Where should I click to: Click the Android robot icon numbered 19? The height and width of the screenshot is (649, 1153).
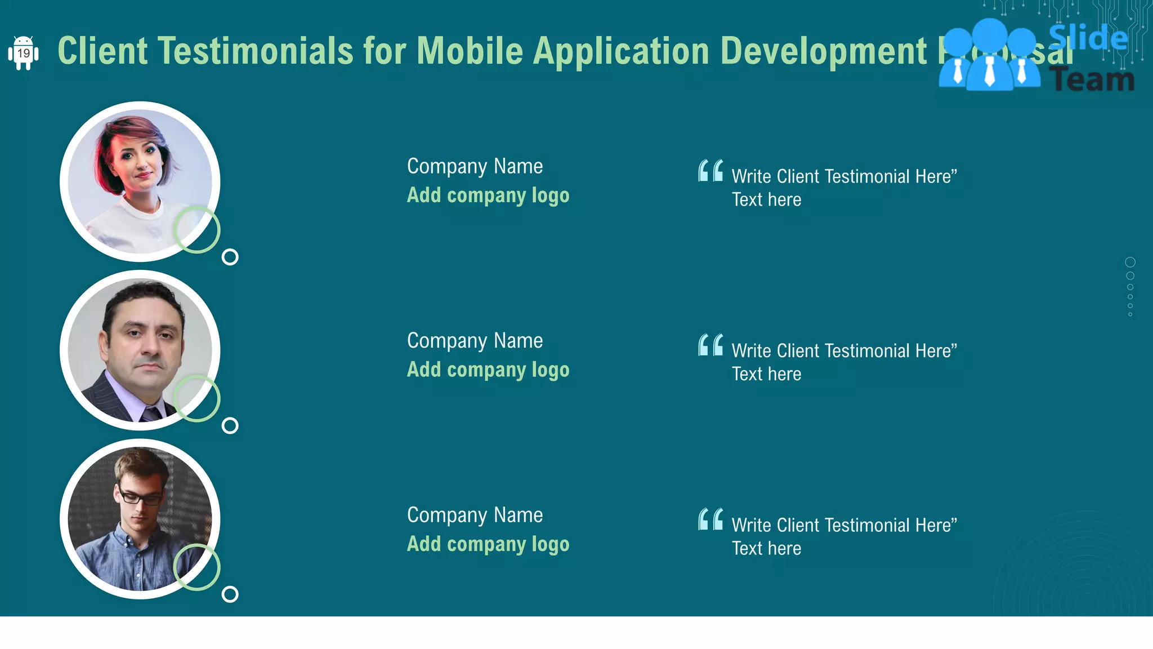tap(23, 53)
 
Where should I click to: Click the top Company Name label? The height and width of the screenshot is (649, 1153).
tap(475, 166)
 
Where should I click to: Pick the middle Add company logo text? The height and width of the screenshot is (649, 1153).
tap(488, 370)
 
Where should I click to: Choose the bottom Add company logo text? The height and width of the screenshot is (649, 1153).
tap(488, 544)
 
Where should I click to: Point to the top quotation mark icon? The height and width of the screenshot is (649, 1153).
tap(710, 171)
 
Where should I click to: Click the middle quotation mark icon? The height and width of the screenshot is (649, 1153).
tap(710, 345)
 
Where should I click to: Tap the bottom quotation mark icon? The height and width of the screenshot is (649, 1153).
tap(710, 519)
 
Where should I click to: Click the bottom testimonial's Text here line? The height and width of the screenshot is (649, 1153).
tap(766, 548)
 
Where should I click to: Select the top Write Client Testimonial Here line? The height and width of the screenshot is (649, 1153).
tap(844, 176)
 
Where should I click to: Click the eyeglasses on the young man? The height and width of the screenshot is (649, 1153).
tap(139, 497)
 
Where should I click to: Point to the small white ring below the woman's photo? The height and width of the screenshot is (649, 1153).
tap(230, 257)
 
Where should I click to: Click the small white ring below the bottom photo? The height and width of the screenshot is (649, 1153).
tap(230, 594)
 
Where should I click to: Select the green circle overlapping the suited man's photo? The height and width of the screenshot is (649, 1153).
tap(196, 398)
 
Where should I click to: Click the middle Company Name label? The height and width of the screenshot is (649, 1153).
tap(475, 341)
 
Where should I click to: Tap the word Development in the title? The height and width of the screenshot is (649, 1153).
tap(823, 51)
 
